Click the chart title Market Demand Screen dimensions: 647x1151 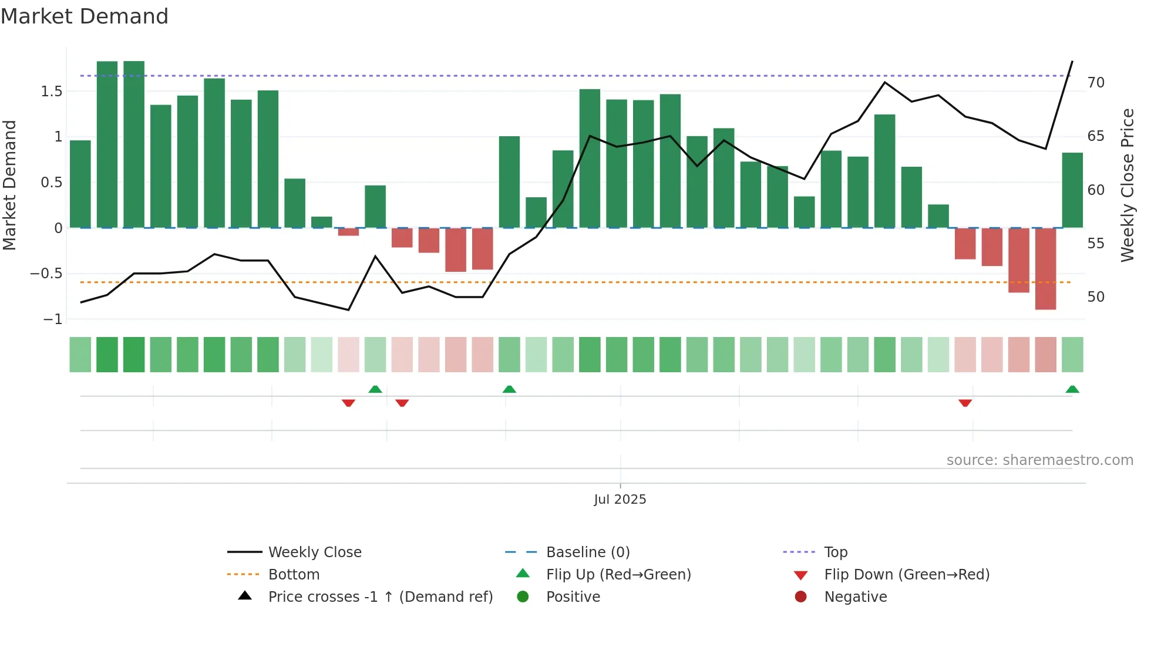coord(85,16)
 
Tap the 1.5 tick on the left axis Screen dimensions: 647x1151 coord(52,91)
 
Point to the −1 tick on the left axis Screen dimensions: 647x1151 coord(52,319)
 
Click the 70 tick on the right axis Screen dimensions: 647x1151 coord(1096,83)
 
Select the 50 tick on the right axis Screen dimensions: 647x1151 coord(1096,297)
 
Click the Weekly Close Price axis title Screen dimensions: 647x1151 coord(1128,185)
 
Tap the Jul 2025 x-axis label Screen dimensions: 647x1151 coord(620,500)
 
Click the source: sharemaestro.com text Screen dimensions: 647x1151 coord(1039,460)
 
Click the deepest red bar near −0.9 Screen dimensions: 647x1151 coord(1045,269)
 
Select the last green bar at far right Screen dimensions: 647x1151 coord(1072,190)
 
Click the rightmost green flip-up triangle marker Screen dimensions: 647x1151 coord(1072,389)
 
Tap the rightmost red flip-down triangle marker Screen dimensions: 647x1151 coord(965,403)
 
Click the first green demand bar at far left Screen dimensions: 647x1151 coord(80,184)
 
